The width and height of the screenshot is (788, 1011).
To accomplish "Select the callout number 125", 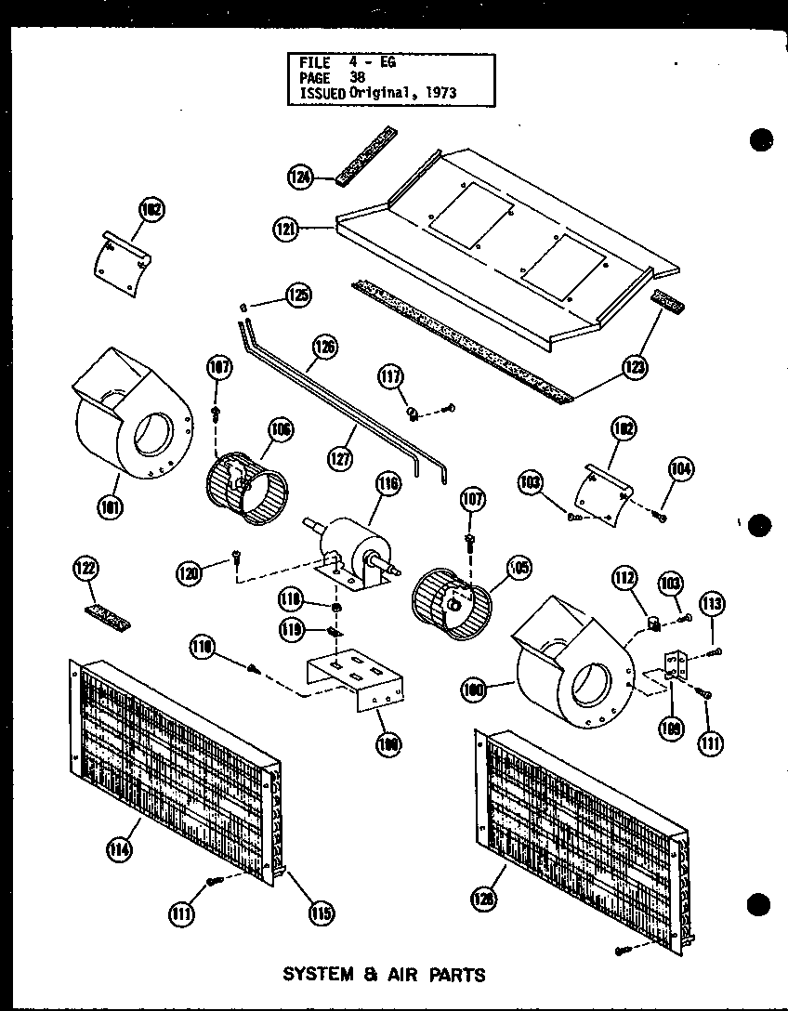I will point(298,296).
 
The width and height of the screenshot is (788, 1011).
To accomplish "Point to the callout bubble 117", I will point(389,376).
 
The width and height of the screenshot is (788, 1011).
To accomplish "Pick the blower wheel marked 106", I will point(246,480).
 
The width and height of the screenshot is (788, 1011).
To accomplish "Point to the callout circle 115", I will point(322,912).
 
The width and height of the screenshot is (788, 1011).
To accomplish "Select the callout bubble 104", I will point(680,469).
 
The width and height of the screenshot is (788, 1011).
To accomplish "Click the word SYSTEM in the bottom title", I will point(318,975).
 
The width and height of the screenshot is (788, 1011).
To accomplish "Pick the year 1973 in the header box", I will point(437,94).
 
